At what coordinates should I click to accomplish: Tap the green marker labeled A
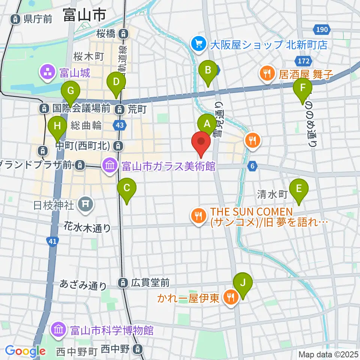(206, 123)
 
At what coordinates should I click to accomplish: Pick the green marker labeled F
(303, 88)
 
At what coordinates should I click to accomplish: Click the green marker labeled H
(57, 126)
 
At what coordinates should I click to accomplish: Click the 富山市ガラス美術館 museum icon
(109, 165)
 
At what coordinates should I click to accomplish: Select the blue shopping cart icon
(197, 45)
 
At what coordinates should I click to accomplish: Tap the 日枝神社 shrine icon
(85, 204)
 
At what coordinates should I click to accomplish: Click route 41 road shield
(52, 243)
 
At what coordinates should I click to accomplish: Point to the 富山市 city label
(84, 16)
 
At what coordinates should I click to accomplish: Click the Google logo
(25, 351)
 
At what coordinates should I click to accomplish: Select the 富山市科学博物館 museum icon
(60, 330)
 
